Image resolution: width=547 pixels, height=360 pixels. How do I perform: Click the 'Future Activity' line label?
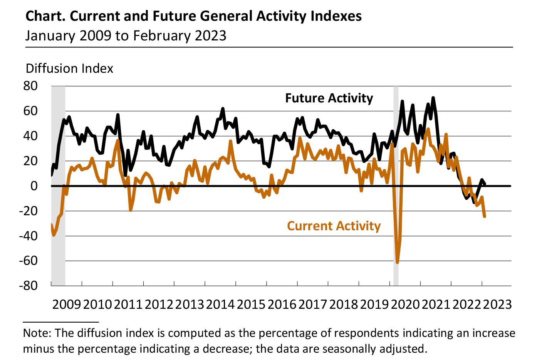pos(329,98)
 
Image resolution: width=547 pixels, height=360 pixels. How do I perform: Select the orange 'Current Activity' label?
pos(334,226)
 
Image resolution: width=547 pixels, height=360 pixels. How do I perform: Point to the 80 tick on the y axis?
pos(31,86)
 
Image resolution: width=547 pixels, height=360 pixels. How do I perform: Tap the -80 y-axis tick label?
pos(29,286)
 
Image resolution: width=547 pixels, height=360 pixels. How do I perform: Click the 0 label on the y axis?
pos(34,186)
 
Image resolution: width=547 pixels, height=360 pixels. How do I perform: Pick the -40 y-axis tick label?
pos(29,236)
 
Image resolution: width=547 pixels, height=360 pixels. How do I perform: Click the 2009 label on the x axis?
pos(67,304)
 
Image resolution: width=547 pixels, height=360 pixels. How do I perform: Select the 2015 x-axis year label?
pos(251,304)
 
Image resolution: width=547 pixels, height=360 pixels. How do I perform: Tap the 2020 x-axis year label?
pos(405,304)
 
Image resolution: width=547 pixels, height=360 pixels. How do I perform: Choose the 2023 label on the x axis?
pos(497,304)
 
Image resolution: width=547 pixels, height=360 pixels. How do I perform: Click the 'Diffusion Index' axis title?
pos(69,69)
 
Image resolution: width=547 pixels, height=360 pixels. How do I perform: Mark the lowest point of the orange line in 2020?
pos(397,263)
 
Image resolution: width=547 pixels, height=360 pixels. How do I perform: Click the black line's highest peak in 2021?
pos(433,98)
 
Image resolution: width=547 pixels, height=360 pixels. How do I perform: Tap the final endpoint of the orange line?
pos(484,216)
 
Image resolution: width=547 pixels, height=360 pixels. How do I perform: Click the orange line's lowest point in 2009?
pos(54,234)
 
